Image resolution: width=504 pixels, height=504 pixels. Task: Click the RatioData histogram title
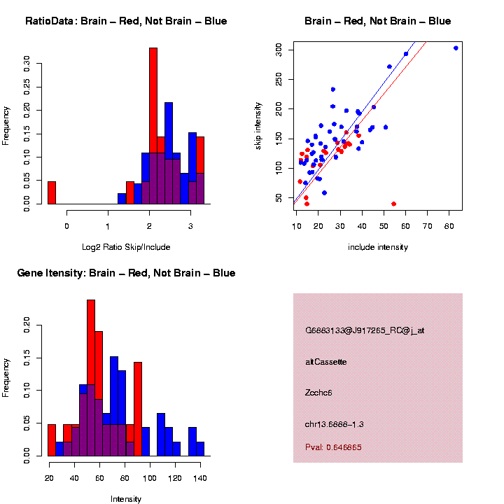pyautogui.click(x=126, y=22)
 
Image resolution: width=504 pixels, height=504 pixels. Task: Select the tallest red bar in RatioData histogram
pyautogui.click(x=153, y=126)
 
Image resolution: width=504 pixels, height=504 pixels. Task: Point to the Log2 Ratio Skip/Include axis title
pyautogui.click(x=126, y=247)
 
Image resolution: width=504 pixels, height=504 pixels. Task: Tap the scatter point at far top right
pyautogui.click(x=456, y=48)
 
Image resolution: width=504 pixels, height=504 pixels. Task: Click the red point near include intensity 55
pyautogui.click(x=393, y=204)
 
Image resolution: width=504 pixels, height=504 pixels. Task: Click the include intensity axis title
pyautogui.click(x=378, y=247)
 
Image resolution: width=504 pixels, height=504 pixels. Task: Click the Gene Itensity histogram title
pyautogui.click(x=126, y=273)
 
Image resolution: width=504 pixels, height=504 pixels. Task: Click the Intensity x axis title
pyautogui.click(x=126, y=499)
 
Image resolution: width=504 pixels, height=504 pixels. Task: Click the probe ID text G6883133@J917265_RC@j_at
pyautogui.click(x=365, y=330)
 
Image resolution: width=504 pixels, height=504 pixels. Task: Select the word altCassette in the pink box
pyautogui.click(x=326, y=362)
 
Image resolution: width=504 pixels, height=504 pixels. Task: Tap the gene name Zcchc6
pyautogui.click(x=318, y=393)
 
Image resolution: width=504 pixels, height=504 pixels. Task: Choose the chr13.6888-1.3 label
pyautogui.click(x=334, y=424)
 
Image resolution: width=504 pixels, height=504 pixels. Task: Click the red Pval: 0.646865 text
pyautogui.click(x=333, y=447)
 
